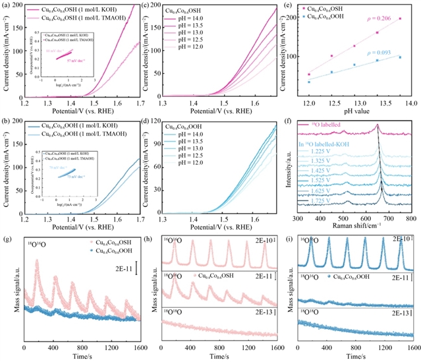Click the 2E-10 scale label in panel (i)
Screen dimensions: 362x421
pos(401,239)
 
